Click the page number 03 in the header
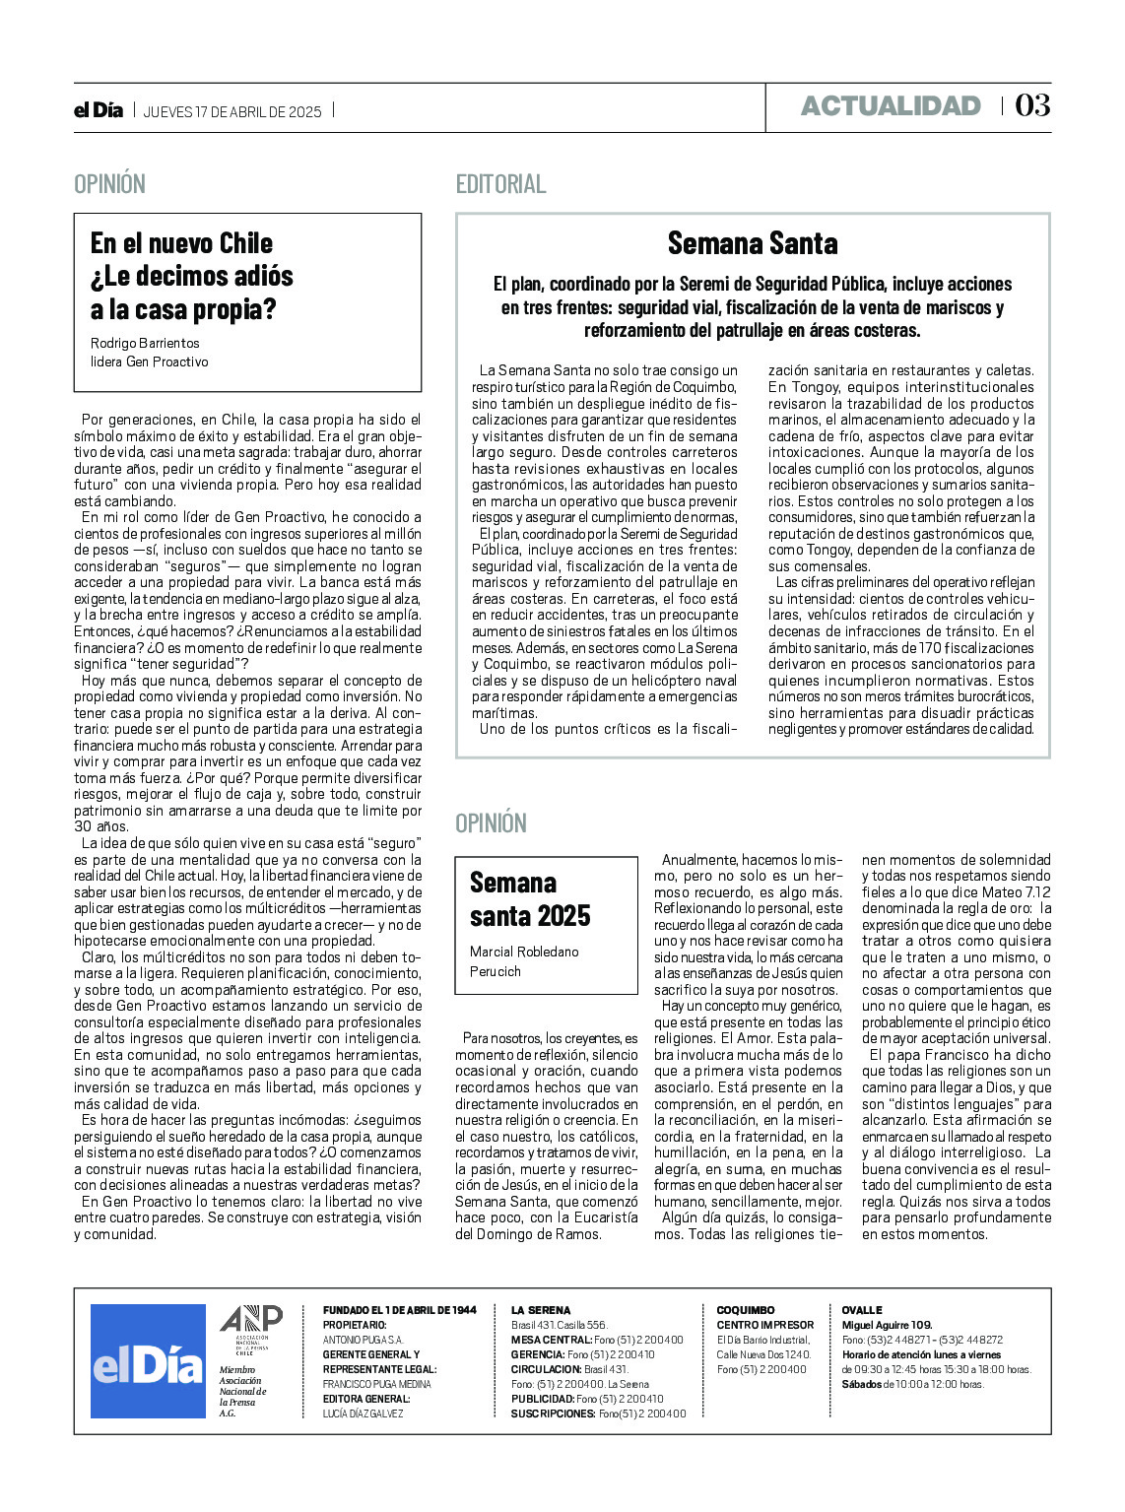click(x=1032, y=105)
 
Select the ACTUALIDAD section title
click(x=891, y=106)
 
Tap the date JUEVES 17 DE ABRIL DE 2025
click(x=232, y=111)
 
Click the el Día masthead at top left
click(x=99, y=110)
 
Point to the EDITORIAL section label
click(x=500, y=184)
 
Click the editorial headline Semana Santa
click(x=753, y=243)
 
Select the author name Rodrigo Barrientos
click(x=145, y=343)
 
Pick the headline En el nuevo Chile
click(x=181, y=243)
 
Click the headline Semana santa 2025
click(x=530, y=899)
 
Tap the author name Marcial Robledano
click(x=524, y=952)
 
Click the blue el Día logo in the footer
click(x=148, y=1361)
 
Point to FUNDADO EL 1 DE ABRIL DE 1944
click(x=399, y=1310)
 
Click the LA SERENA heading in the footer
click(x=541, y=1310)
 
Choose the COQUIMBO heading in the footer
click(x=746, y=1310)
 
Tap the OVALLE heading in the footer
click(x=862, y=1310)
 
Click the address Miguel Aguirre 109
click(x=887, y=1325)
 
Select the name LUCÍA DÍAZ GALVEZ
click(x=364, y=1413)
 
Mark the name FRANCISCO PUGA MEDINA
click(x=377, y=1384)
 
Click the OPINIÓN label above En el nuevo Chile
click(x=109, y=184)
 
